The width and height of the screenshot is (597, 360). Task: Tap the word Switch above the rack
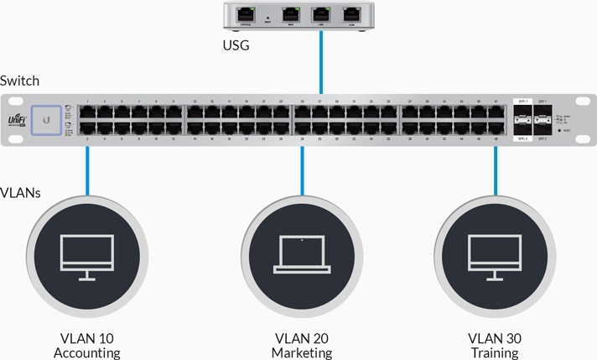pyautogui.click(x=19, y=81)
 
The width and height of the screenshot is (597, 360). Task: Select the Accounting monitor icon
pyautogui.click(x=86, y=257)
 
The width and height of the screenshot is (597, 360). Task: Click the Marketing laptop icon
pyautogui.click(x=302, y=257)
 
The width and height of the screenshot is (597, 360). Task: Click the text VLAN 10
pyautogui.click(x=86, y=338)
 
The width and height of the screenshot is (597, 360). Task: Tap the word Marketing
pyautogui.click(x=302, y=353)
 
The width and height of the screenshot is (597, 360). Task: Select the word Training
pyautogui.click(x=494, y=353)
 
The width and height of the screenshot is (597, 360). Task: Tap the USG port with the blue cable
pyautogui.click(x=321, y=13)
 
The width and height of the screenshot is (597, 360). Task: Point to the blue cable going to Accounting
pyautogui.click(x=86, y=172)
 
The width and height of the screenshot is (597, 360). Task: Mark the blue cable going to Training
pyautogui.click(x=496, y=172)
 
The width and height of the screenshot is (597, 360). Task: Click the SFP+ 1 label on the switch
pyautogui.click(x=522, y=101)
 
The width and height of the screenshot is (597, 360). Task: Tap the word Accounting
pyautogui.click(x=86, y=353)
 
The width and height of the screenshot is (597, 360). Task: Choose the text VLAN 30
pyautogui.click(x=494, y=338)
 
